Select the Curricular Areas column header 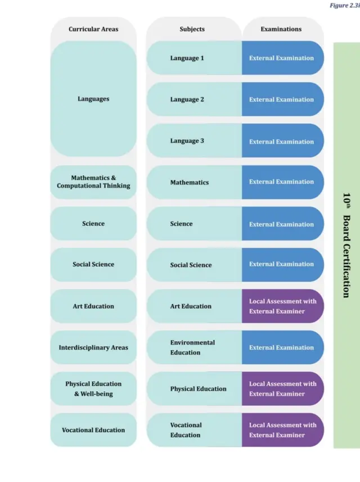[93, 29]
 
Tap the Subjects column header [192, 29]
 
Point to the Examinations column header [281, 29]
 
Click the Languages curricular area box [93, 99]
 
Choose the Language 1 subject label [187, 58]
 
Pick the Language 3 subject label [187, 141]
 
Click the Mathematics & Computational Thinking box [93, 182]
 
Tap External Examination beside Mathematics [282, 182]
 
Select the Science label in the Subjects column [181, 224]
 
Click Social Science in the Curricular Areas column [93, 265]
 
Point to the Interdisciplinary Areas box [93, 347]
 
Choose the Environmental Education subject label [192, 347]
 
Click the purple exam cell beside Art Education [282, 306]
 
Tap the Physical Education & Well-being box [93, 389]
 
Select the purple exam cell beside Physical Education [282, 389]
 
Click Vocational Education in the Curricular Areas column [93, 430]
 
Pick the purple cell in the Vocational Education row [282, 430]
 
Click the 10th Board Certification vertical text [346, 245]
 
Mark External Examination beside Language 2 [282, 100]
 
